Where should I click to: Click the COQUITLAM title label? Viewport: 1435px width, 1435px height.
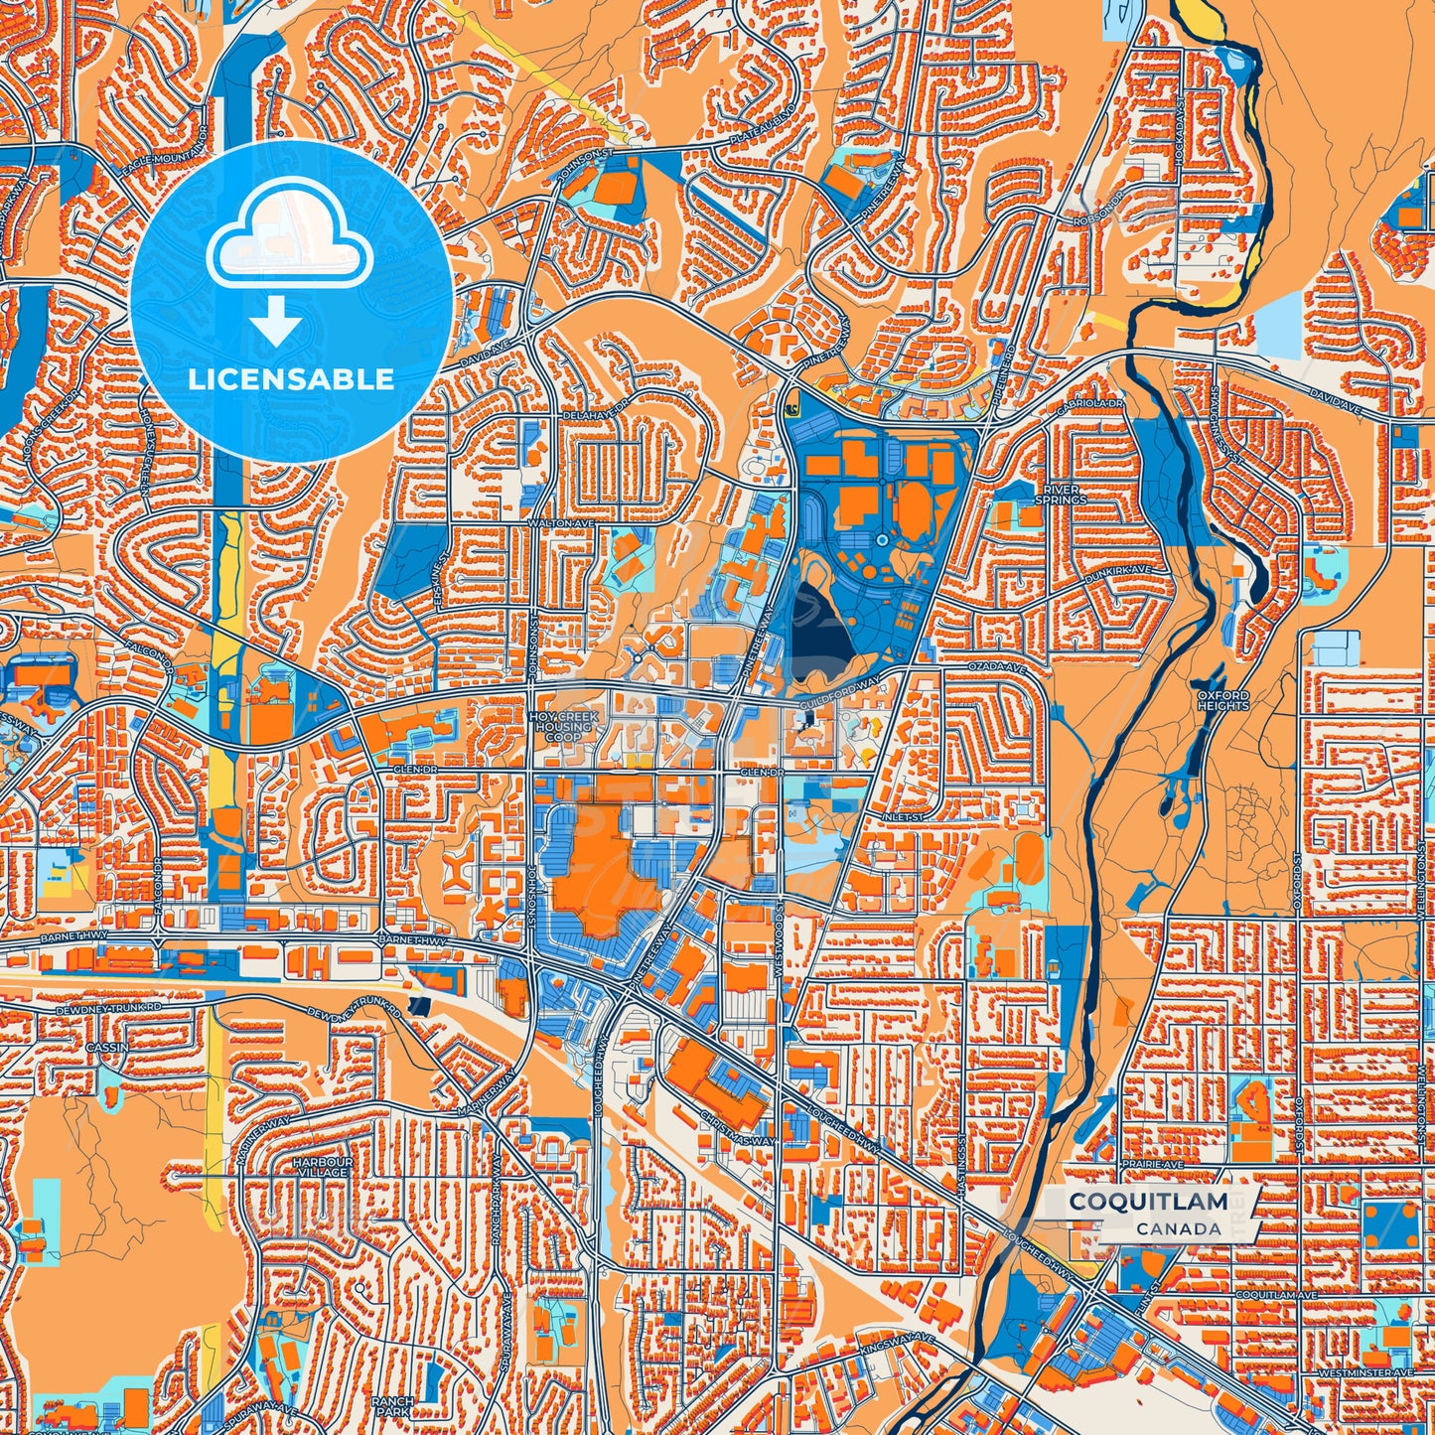point(1147,1202)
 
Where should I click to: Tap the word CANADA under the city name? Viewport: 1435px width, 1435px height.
point(1179,1228)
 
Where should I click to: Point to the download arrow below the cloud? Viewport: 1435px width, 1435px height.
point(275,320)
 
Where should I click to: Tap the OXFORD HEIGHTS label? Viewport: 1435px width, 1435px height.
point(1222,700)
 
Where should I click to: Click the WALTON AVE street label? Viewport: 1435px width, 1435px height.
point(552,522)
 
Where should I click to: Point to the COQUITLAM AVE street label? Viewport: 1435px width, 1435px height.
point(1276,1296)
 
